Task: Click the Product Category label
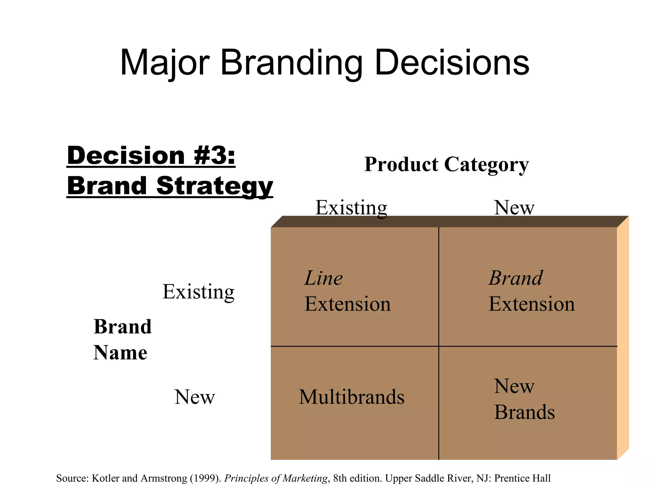point(446,165)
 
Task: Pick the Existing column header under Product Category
point(351,208)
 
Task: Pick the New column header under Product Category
point(514,208)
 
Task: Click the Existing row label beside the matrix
point(198,292)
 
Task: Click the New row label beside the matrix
point(195,397)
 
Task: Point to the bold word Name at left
point(120,353)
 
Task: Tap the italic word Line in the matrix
point(323,278)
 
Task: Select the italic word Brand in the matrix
point(515,278)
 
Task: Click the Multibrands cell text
point(352,397)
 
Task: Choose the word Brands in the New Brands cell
point(524,412)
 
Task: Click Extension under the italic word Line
point(348,304)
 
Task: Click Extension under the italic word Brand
point(532,304)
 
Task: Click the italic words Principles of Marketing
point(276,478)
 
